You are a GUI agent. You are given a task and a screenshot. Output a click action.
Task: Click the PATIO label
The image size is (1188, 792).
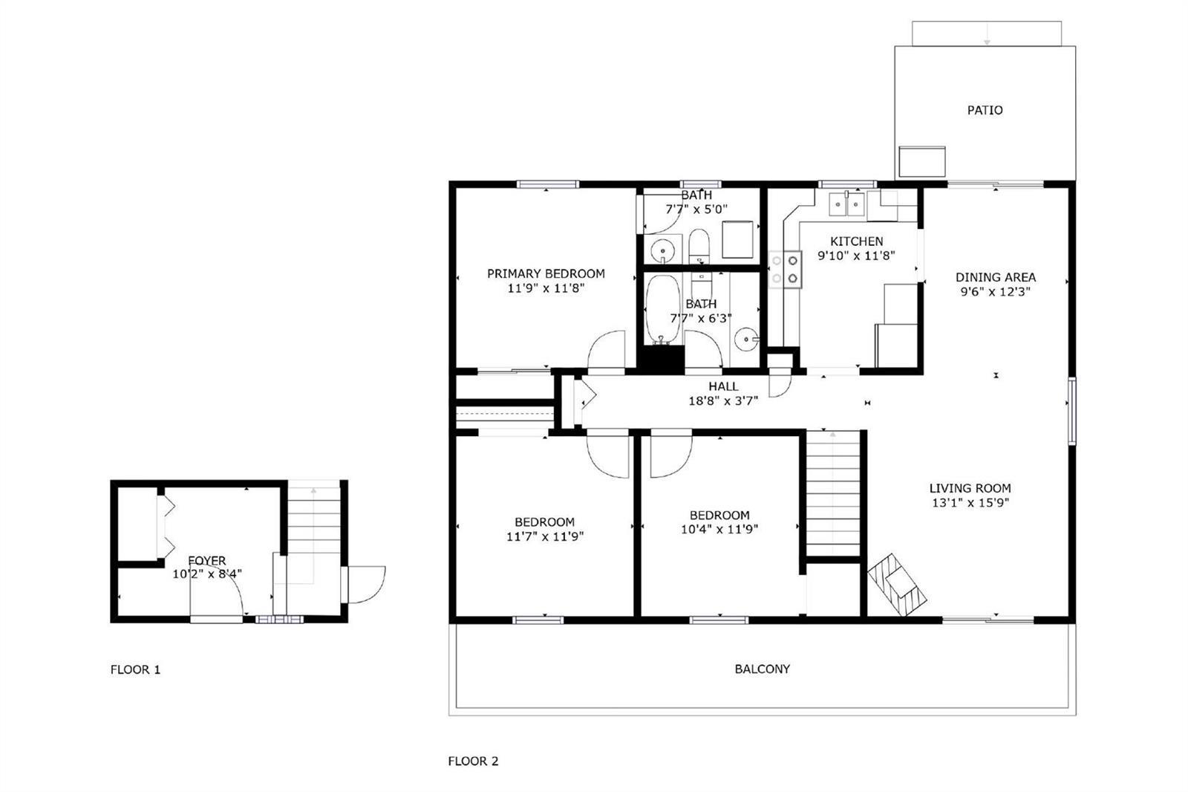pyautogui.click(x=985, y=111)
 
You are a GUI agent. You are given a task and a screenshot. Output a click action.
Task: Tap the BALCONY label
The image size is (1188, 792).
pyautogui.click(x=762, y=669)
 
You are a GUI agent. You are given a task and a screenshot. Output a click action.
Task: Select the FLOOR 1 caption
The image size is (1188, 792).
pyautogui.click(x=135, y=669)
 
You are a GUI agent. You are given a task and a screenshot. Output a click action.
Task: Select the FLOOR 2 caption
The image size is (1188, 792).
pyautogui.click(x=473, y=762)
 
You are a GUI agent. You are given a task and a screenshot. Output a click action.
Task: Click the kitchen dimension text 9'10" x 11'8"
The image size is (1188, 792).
pyautogui.click(x=856, y=256)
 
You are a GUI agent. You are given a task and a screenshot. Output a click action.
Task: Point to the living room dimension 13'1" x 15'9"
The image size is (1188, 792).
pyautogui.click(x=970, y=502)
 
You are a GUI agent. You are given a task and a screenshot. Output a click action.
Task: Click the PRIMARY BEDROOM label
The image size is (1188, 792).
pyautogui.click(x=546, y=274)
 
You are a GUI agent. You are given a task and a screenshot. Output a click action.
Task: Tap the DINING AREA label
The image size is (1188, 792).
pyautogui.click(x=996, y=277)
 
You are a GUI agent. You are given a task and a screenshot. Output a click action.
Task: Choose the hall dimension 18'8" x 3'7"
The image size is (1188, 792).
pyautogui.click(x=723, y=400)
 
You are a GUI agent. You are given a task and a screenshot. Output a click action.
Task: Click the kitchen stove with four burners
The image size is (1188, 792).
pyautogui.click(x=785, y=269)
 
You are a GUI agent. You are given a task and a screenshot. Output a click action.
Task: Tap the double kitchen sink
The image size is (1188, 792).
pyautogui.click(x=847, y=204)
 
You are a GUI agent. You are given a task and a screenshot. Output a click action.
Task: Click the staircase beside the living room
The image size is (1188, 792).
pyautogui.click(x=833, y=493)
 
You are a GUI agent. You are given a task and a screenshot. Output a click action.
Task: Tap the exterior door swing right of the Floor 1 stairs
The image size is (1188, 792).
pyautogui.click(x=367, y=585)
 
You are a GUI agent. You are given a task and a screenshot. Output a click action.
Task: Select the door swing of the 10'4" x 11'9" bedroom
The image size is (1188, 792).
pyautogui.click(x=671, y=456)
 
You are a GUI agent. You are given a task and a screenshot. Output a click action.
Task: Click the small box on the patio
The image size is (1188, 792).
pyautogui.click(x=922, y=162)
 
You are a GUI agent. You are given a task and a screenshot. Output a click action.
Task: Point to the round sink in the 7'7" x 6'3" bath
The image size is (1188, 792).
pyautogui.click(x=747, y=340)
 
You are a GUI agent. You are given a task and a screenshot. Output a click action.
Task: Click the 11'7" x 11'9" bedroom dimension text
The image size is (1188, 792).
pyautogui.click(x=545, y=536)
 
